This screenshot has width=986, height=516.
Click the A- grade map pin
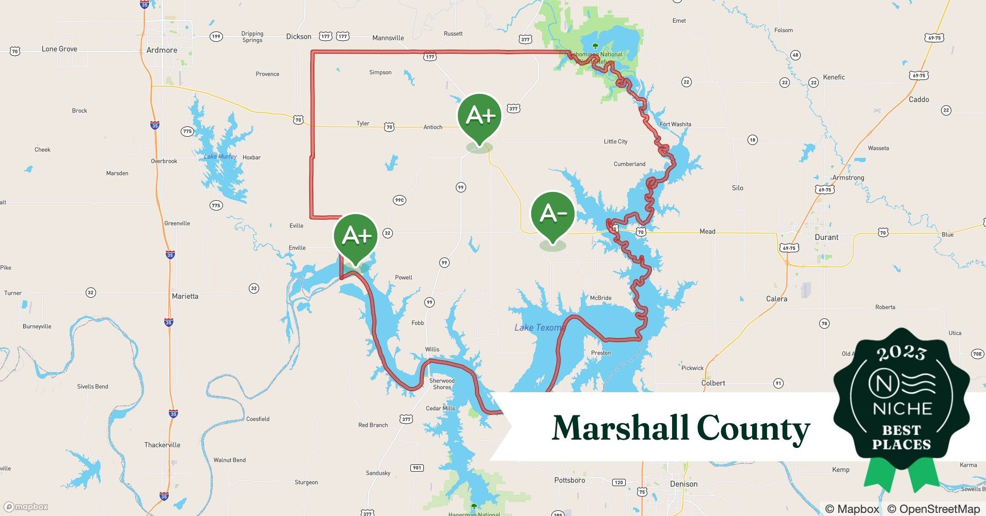click(x=553, y=214)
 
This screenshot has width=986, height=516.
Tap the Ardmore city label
click(x=162, y=50)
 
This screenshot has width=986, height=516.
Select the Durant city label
click(x=826, y=237)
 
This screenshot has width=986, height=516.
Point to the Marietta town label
click(x=185, y=296)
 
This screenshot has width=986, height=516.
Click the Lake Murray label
click(x=220, y=156)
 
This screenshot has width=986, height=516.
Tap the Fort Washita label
click(x=675, y=124)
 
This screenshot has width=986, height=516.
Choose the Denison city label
click(x=683, y=484)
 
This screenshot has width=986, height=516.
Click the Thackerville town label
click(x=162, y=445)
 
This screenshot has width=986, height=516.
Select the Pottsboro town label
click(x=569, y=480)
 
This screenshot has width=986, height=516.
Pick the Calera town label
click(x=776, y=299)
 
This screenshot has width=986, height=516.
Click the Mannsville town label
click(x=388, y=38)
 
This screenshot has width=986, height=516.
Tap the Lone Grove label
click(x=59, y=49)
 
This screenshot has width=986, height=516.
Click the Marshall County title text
click(x=680, y=428)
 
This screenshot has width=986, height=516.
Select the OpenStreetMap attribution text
click(x=933, y=509)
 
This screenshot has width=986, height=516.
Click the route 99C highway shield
click(x=399, y=200)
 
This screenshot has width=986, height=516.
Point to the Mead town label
click(x=707, y=232)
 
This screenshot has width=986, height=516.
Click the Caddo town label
click(x=918, y=100)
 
